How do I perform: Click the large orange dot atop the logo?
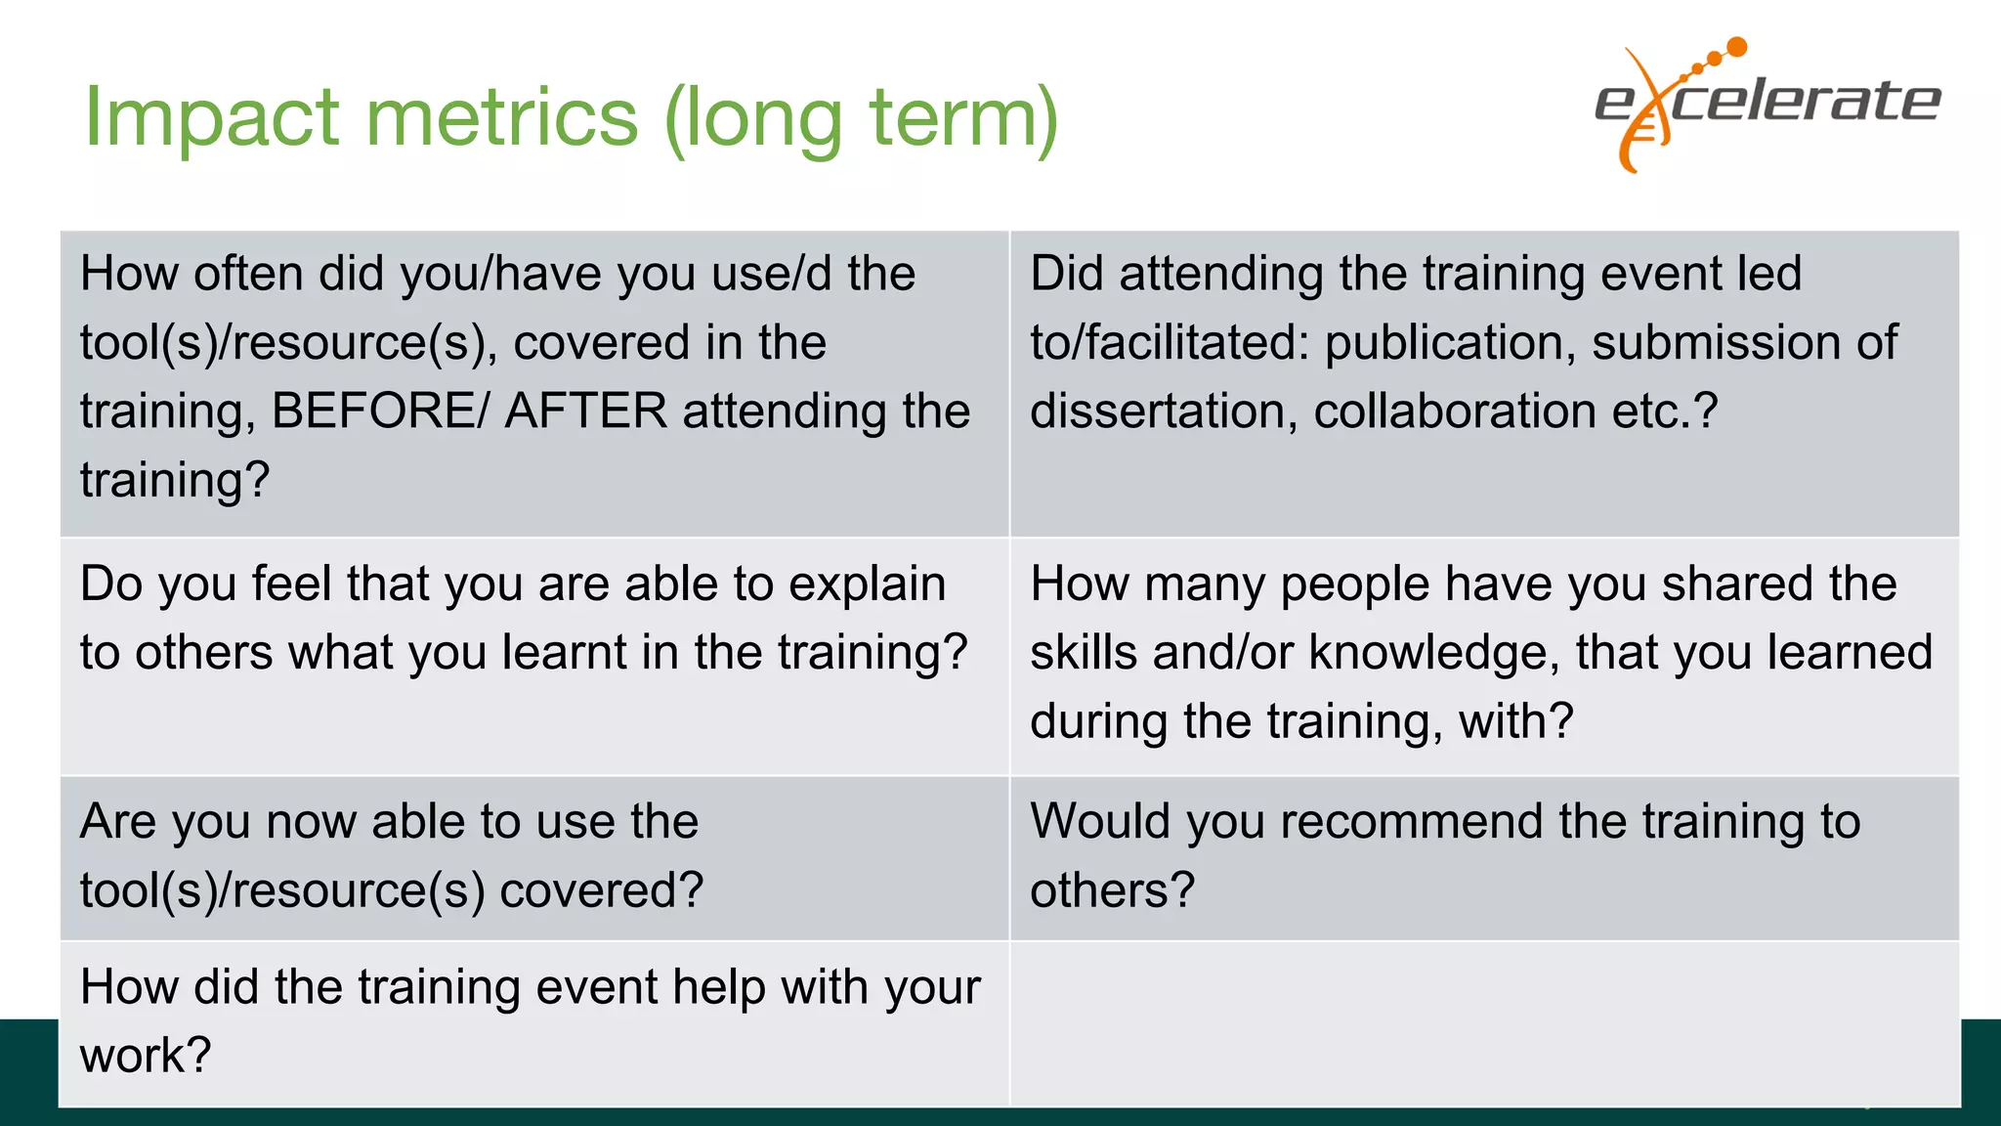[1736, 47]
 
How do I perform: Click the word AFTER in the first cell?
[585, 411]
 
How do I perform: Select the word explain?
[867, 585]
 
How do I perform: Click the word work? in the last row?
[146, 1056]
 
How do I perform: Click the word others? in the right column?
[1112, 890]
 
